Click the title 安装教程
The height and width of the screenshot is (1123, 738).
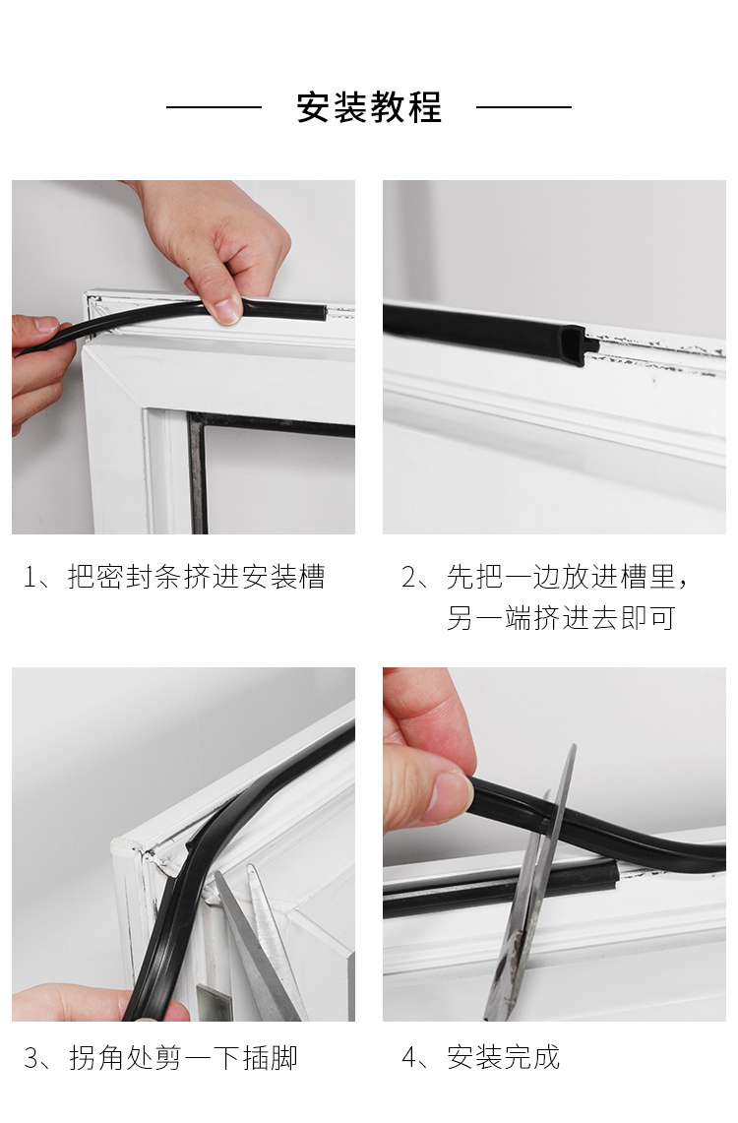(369, 107)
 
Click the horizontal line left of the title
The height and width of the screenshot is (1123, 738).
(215, 107)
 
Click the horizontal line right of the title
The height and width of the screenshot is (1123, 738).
(523, 107)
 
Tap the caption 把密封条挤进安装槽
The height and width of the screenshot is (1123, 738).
(197, 577)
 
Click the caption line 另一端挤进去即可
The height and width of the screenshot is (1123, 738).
(561, 617)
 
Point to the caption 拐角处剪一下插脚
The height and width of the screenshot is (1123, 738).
(183, 1057)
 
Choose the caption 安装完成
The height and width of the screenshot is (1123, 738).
(503, 1057)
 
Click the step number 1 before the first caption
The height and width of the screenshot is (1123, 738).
(31, 578)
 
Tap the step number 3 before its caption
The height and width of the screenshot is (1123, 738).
(31, 1058)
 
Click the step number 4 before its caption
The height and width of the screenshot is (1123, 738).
(409, 1058)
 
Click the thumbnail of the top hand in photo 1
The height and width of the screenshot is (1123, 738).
(225, 309)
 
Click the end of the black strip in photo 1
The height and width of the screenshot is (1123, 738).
(324, 313)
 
